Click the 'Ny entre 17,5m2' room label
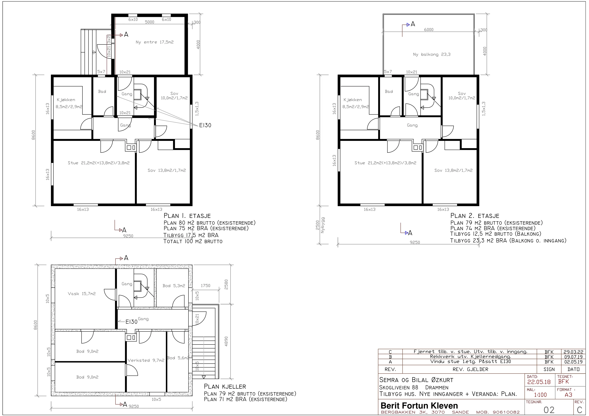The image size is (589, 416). tap(155, 42)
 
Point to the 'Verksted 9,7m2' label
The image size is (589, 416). tap(146, 360)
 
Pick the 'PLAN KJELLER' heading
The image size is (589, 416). tap(225, 386)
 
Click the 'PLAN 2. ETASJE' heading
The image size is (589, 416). tap(475, 216)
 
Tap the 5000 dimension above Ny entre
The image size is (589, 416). tap(150, 22)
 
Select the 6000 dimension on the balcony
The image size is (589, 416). tap(429, 30)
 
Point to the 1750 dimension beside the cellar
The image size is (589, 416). tap(205, 285)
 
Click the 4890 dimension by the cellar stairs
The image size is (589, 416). tap(226, 341)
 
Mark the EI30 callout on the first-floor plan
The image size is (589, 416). tap(205, 125)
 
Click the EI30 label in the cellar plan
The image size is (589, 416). tap(131, 322)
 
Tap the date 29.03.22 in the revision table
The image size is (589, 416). tap(573, 352)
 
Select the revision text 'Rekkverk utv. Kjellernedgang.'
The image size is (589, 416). tap(470, 357)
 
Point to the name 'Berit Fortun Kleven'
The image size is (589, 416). tap(419, 406)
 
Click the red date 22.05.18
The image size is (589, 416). tap(539, 382)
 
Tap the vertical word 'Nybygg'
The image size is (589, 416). tap(323, 225)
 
